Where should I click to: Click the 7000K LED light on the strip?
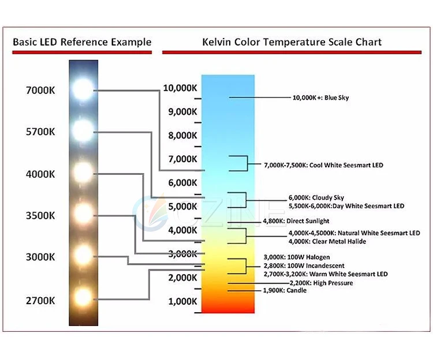coord(83,89)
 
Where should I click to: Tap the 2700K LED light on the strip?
coord(83,298)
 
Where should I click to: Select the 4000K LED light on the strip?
coord(83,172)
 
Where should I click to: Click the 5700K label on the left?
coord(40,132)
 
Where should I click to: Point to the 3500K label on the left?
coord(40,215)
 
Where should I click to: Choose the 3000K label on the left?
coord(40,257)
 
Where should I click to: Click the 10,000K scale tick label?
coord(180,88)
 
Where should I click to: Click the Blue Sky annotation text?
coord(320,97)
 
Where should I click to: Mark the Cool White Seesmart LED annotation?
coord(323,165)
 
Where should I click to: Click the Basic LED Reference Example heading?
coord(82,42)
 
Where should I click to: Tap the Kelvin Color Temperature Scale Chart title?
coord(292,42)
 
